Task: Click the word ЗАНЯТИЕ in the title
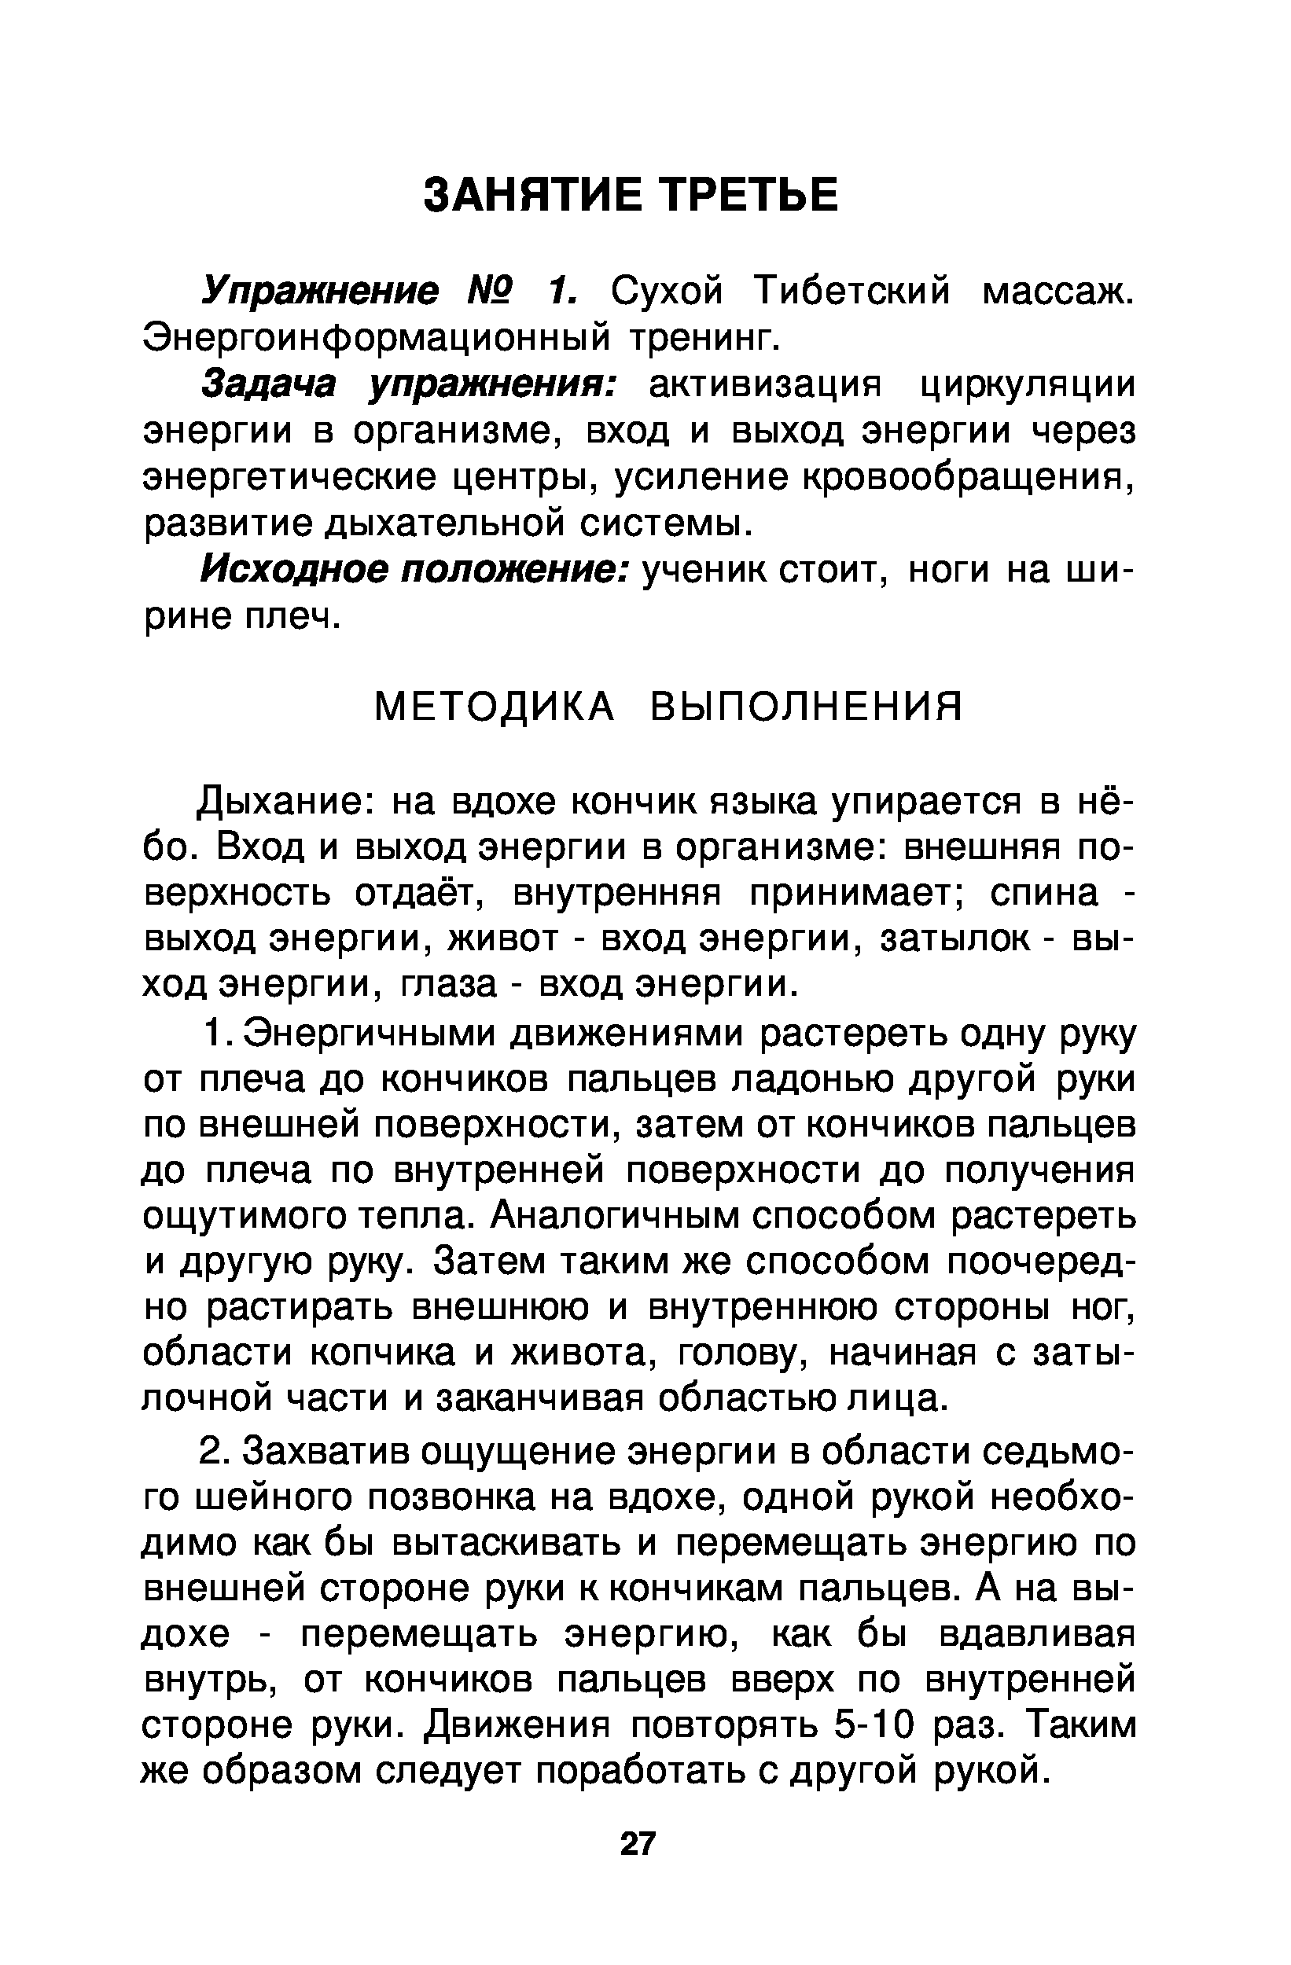pos(532,196)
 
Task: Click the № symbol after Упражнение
pos(491,291)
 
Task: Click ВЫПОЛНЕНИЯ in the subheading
pos(806,707)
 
